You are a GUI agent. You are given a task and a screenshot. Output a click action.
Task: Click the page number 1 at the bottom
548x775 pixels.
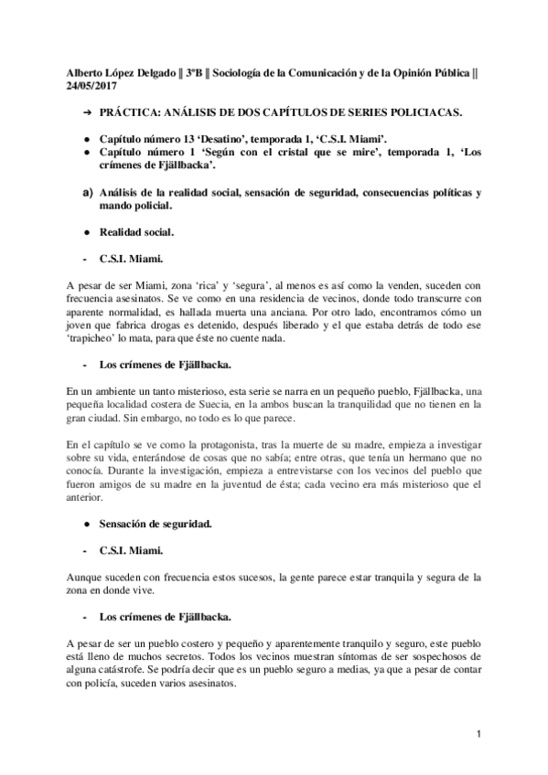(x=478, y=735)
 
